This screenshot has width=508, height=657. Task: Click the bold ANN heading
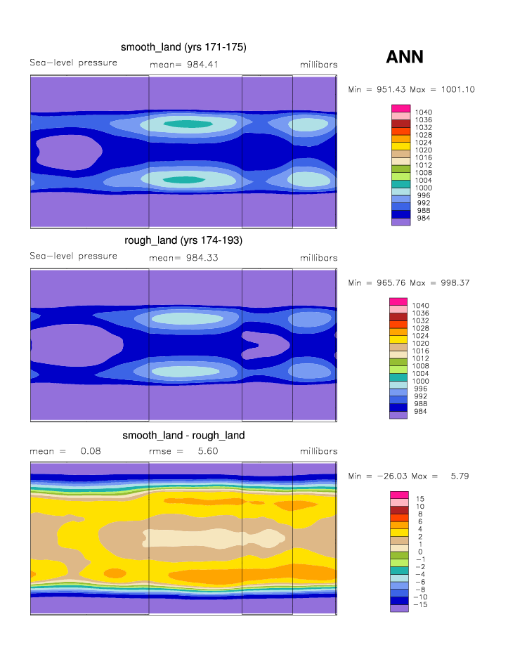[x=405, y=57]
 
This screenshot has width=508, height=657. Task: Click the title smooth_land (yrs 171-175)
[x=183, y=47]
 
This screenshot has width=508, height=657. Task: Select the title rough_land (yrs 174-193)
[x=183, y=240]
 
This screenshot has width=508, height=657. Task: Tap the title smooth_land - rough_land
[x=183, y=435]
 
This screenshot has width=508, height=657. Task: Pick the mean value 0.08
[x=91, y=451]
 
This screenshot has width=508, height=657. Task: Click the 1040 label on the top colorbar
[x=424, y=112]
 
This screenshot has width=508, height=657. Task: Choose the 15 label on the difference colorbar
[x=420, y=498]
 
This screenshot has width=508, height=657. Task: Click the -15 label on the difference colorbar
[x=420, y=604]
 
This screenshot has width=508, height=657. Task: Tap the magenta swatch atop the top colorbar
[x=400, y=109]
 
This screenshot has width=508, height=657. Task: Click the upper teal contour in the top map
[x=182, y=124]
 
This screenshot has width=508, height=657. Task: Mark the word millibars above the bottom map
[x=318, y=451]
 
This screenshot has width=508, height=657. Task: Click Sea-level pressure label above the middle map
[x=73, y=256]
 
